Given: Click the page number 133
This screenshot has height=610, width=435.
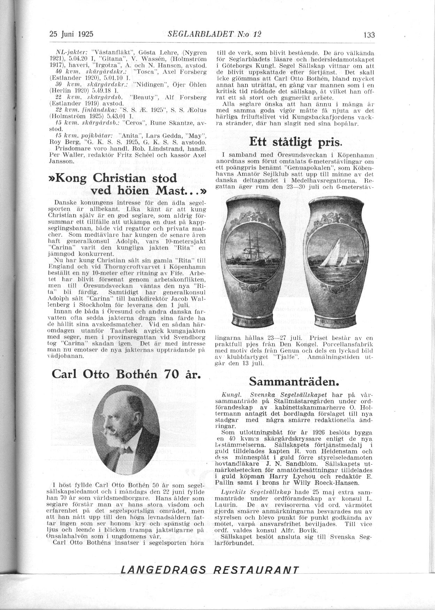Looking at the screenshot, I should click(368, 35).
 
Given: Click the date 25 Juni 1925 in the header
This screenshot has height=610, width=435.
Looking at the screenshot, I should click(71, 34).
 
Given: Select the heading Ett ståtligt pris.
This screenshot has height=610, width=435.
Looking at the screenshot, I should click(296, 142).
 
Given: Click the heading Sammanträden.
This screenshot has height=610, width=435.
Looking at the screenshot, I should click(294, 382).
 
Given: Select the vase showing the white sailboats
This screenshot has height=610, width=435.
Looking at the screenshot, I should click(331, 261).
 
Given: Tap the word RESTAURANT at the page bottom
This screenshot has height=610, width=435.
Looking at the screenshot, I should click(256, 570).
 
